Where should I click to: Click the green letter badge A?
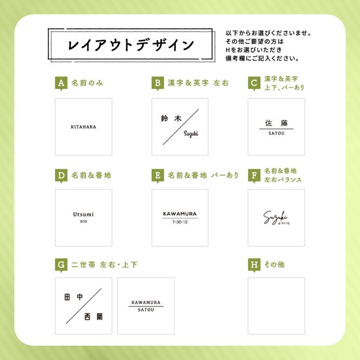(62, 83)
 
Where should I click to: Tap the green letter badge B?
(158, 83)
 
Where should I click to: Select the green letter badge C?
(254, 83)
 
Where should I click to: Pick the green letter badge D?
(62, 176)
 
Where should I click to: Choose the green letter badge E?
(158, 176)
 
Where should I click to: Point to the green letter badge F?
(254, 176)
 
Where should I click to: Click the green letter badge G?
(62, 265)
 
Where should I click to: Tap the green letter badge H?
(254, 265)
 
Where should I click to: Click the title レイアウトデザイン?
(131, 45)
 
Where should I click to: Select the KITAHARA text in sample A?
(83, 127)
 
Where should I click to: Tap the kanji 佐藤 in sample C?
(276, 123)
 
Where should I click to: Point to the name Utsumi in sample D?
(83, 214)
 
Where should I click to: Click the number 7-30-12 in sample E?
(180, 222)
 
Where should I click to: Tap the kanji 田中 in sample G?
(73, 297)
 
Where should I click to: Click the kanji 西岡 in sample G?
(94, 317)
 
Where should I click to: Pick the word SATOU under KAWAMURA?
(145, 310)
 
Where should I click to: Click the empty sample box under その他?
(276, 306)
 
